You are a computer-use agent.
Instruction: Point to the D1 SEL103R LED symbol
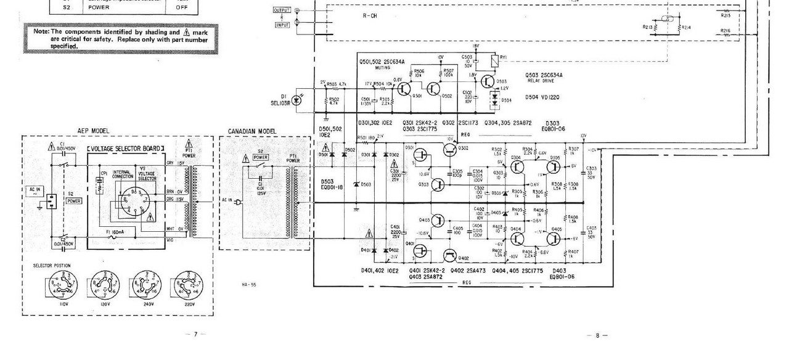pos(297,100)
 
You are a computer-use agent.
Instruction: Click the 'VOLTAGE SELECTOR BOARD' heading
pos(126,149)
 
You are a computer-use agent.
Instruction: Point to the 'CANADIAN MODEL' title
pos(252,131)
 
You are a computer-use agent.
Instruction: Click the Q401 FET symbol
pos(421,250)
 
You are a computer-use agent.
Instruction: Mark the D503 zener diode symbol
pos(357,184)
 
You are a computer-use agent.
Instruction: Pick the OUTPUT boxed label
pos(281,10)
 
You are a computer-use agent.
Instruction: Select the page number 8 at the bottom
pos(597,335)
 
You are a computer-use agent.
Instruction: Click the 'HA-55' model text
pos(249,284)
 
